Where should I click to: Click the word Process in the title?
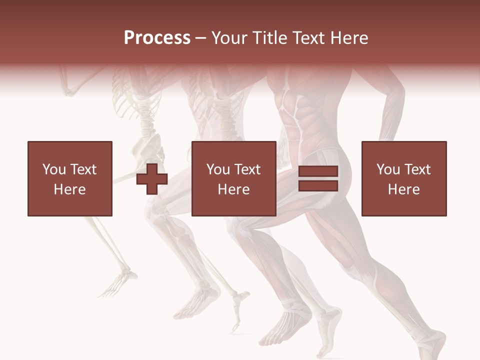[x=157, y=38]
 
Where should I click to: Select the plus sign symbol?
[x=152, y=179]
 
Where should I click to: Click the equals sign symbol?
[x=318, y=179]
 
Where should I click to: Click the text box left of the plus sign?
[x=69, y=179]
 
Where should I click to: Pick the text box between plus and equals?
[x=233, y=179]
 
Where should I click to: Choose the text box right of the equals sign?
[x=404, y=179]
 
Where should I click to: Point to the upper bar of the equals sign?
[x=318, y=172]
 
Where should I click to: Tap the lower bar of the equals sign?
[x=318, y=185]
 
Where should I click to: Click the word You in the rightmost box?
[x=388, y=169]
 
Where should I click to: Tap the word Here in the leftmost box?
[x=69, y=189]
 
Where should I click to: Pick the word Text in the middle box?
[x=247, y=169]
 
